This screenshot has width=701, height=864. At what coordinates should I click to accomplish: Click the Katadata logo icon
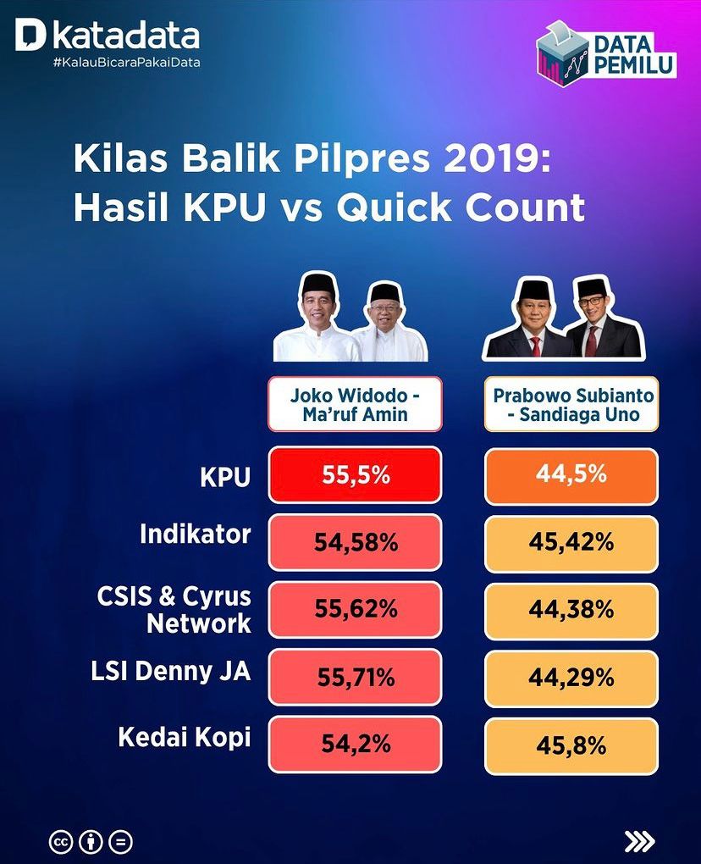[30, 35]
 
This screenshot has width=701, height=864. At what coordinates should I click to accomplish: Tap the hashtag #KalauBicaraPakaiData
[127, 63]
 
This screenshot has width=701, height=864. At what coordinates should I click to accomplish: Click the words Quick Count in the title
[461, 208]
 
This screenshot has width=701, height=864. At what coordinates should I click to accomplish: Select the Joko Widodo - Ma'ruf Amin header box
[356, 404]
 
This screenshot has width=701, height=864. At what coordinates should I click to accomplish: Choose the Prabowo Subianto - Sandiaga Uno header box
[571, 404]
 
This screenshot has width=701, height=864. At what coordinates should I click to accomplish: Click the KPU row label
[225, 477]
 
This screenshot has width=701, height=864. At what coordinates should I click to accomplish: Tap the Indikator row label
[196, 534]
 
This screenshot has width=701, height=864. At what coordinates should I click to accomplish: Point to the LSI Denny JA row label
[171, 671]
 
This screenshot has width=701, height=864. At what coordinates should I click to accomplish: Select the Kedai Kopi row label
[185, 739]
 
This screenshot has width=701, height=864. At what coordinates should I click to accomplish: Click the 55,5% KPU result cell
[356, 475]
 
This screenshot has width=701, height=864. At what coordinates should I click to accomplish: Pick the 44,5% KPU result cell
[571, 476]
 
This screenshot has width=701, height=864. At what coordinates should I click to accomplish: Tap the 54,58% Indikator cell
[356, 543]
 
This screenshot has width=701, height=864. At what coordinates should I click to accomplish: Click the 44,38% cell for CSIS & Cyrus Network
[571, 611]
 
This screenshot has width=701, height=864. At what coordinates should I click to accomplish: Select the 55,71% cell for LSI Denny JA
[356, 677]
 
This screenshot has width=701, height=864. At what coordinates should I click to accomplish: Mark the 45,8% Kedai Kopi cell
[571, 746]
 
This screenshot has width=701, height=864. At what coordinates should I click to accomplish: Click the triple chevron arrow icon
[639, 841]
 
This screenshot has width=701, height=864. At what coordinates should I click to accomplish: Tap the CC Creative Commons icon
[61, 842]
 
